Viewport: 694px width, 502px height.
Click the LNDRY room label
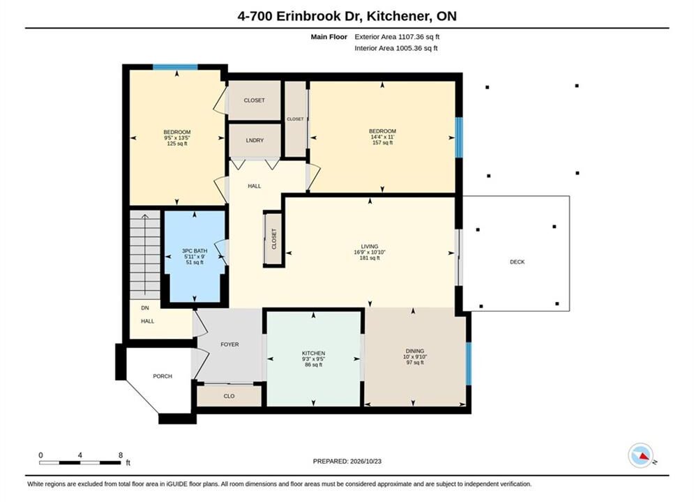[x=255, y=140]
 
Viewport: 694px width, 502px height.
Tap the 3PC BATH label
[x=195, y=251]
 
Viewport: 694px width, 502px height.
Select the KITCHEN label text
[x=313, y=353]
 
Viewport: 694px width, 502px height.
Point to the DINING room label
[x=415, y=351]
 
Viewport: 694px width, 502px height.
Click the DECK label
[x=517, y=262]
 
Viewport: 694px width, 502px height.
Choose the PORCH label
[x=163, y=376]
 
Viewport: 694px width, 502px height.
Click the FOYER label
[x=229, y=344]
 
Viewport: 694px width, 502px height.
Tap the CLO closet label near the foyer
[x=229, y=396]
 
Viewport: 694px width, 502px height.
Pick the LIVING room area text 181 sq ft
[x=370, y=258]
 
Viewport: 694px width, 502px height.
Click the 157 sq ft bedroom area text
[x=382, y=142]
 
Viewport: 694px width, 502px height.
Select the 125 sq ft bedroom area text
[x=177, y=144]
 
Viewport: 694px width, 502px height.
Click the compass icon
[x=641, y=455]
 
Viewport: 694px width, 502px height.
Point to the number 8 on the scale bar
[x=121, y=455]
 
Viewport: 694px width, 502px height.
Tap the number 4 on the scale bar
[x=80, y=455]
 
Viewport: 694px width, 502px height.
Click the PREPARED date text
[x=347, y=461]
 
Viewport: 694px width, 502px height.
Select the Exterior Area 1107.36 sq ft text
[x=397, y=37]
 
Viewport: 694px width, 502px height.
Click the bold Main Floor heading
[x=329, y=37]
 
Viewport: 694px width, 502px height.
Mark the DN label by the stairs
[x=145, y=308]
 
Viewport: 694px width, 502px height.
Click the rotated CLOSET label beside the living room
[x=273, y=239]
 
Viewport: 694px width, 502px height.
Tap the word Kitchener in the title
[x=400, y=16]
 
